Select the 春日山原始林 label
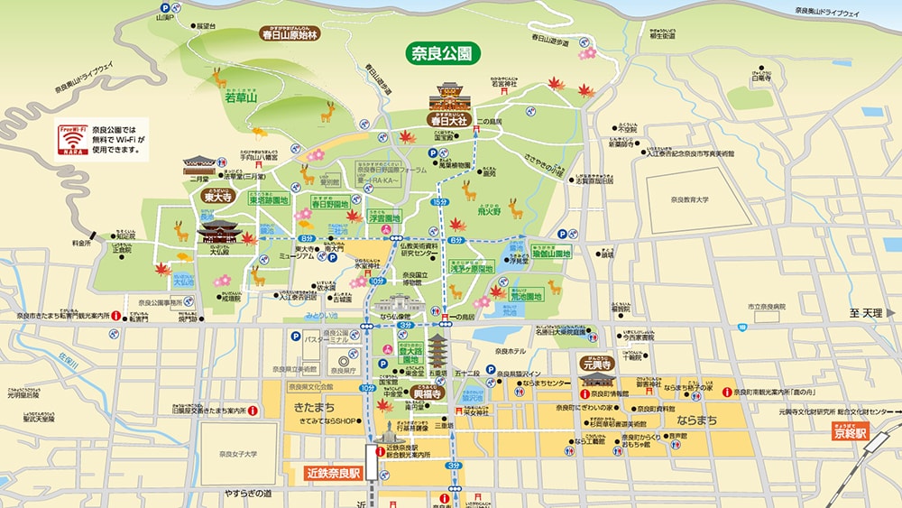pos(290,35)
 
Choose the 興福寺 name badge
pos(427,394)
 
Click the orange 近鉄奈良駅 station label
pos(332,471)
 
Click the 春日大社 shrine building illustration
pos(456,96)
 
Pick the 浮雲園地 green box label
pos(385,217)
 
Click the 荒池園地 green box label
pos(522,296)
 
